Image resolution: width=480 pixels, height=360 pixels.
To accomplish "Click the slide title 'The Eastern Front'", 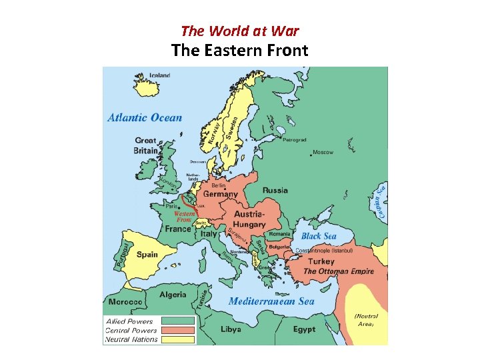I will pyautogui.click(x=239, y=50).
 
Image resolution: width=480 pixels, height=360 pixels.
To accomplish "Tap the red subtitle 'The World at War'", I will pyautogui.click(x=239, y=31).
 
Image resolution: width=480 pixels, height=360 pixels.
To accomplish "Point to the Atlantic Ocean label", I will pyautogui.click(x=145, y=118).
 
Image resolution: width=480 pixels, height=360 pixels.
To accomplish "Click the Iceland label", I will pyautogui.click(x=160, y=75).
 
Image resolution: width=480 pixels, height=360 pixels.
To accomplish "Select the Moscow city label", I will pyautogui.click(x=323, y=153).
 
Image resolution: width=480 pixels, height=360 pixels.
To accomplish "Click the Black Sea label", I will pyautogui.click(x=319, y=236).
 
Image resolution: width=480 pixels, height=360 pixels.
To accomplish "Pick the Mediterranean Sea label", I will pyautogui.click(x=271, y=301).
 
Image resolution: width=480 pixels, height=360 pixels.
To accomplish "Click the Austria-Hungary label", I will pyautogui.click(x=249, y=219).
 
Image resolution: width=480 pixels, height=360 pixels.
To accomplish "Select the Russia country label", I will pyautogui.click(x=275, y=191).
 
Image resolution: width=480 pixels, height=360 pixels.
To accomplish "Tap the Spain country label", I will pyautogui.click(x=147, y=254).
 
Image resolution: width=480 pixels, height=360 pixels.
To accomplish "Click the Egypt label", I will pyautogui.click(x=305, y=329).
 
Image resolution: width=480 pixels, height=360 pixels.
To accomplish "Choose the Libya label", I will pyautogui.click(x=231, y=329).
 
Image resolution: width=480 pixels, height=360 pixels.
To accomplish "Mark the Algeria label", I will pyautogui.click(x=173, y=295).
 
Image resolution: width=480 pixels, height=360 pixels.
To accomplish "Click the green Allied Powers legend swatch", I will pyautogui.click(x=178, y=321).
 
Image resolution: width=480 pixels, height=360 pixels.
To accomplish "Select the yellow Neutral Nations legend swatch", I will pyautogui.click(x=178, y=339).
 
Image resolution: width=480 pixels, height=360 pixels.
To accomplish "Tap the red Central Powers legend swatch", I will pyautogui.click(x=178, y=330).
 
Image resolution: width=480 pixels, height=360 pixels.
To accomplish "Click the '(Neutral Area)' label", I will pyautogui.click(x=366, y=320).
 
